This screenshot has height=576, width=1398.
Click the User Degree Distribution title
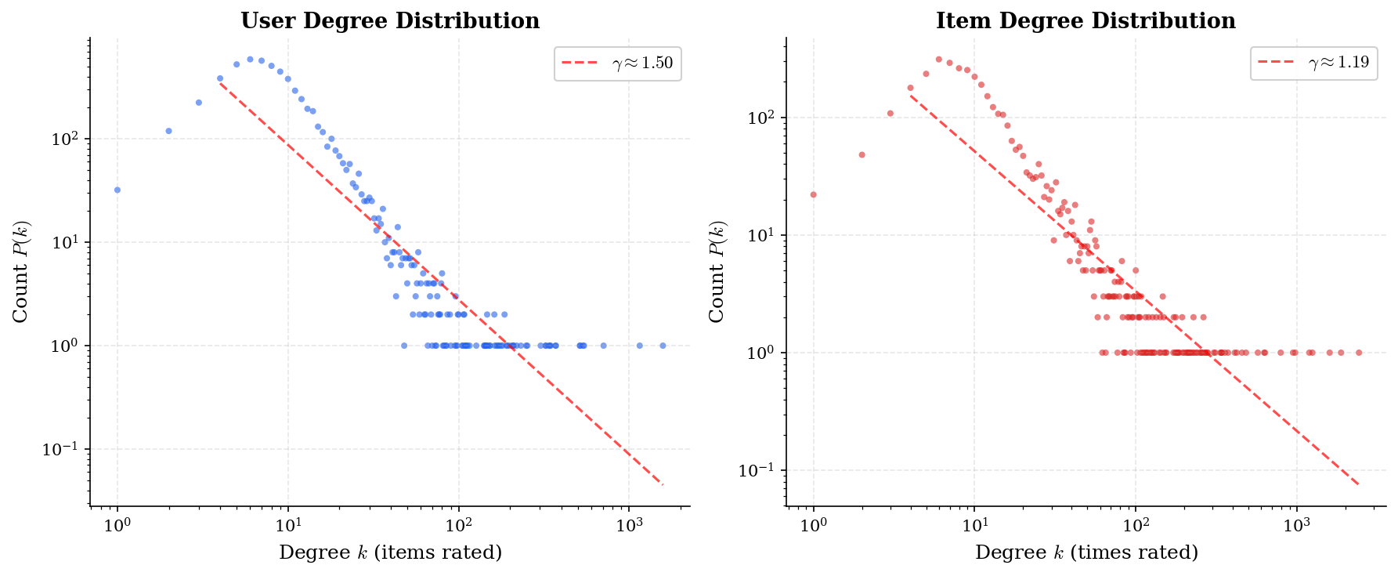(389, 21)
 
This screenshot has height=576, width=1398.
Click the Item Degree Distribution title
(1086, 21)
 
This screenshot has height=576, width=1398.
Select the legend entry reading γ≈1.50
(618, 63)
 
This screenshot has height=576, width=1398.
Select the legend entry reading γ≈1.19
(1314, 63)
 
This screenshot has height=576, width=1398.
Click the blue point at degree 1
(117, 190)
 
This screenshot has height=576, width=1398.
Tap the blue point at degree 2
(168, 131)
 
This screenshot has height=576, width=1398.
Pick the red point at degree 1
(814, 194)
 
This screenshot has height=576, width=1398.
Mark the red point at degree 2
(862, 154)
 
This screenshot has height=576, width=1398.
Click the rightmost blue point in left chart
(663, 346)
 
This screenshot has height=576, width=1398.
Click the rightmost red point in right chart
(1359, 353)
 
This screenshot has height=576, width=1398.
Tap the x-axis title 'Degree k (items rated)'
(390, 552)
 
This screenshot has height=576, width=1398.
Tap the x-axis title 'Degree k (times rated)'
(1086, 552)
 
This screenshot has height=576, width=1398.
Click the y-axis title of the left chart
(21, 271)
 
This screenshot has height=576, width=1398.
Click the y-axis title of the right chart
(717, 271)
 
